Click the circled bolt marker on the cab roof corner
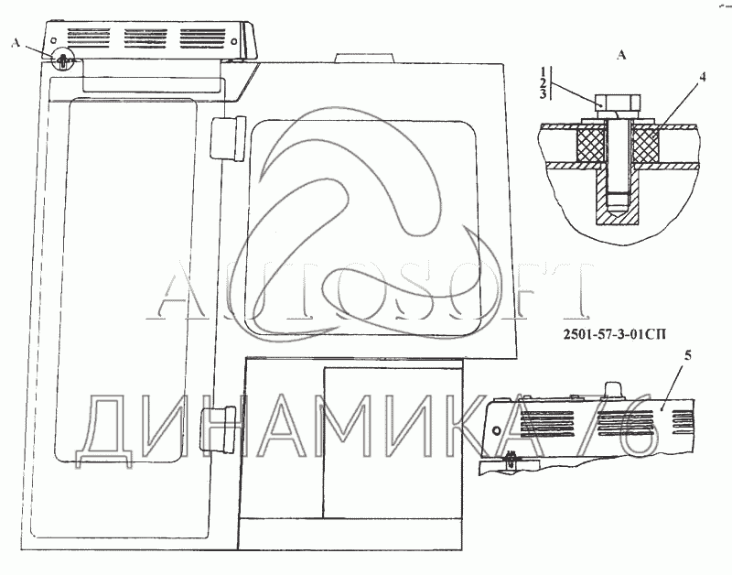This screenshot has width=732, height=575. pyautogui.click(x=62, y=60)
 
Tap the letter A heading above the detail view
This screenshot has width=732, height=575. pyautogui.click(x=621, y=56)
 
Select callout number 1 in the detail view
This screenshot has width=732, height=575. pyautogui.click(x=543, y=72)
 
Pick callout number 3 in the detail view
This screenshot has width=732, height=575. pyautogui.click(x=543, y=94)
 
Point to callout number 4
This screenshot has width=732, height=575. pyautogui.click(x=702, y=78)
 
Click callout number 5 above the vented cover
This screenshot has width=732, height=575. pyautogui.click(x=687, y=356)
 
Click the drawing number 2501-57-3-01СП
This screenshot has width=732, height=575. pyautogui.click(x=615, y=334)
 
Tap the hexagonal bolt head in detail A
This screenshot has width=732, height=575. pyautogui.click(x=618, y=102)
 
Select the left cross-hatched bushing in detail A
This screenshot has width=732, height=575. pyautogui.click(x=591, y=146)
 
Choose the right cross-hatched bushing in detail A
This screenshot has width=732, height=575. pyautogui.click(x=645, y=146)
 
